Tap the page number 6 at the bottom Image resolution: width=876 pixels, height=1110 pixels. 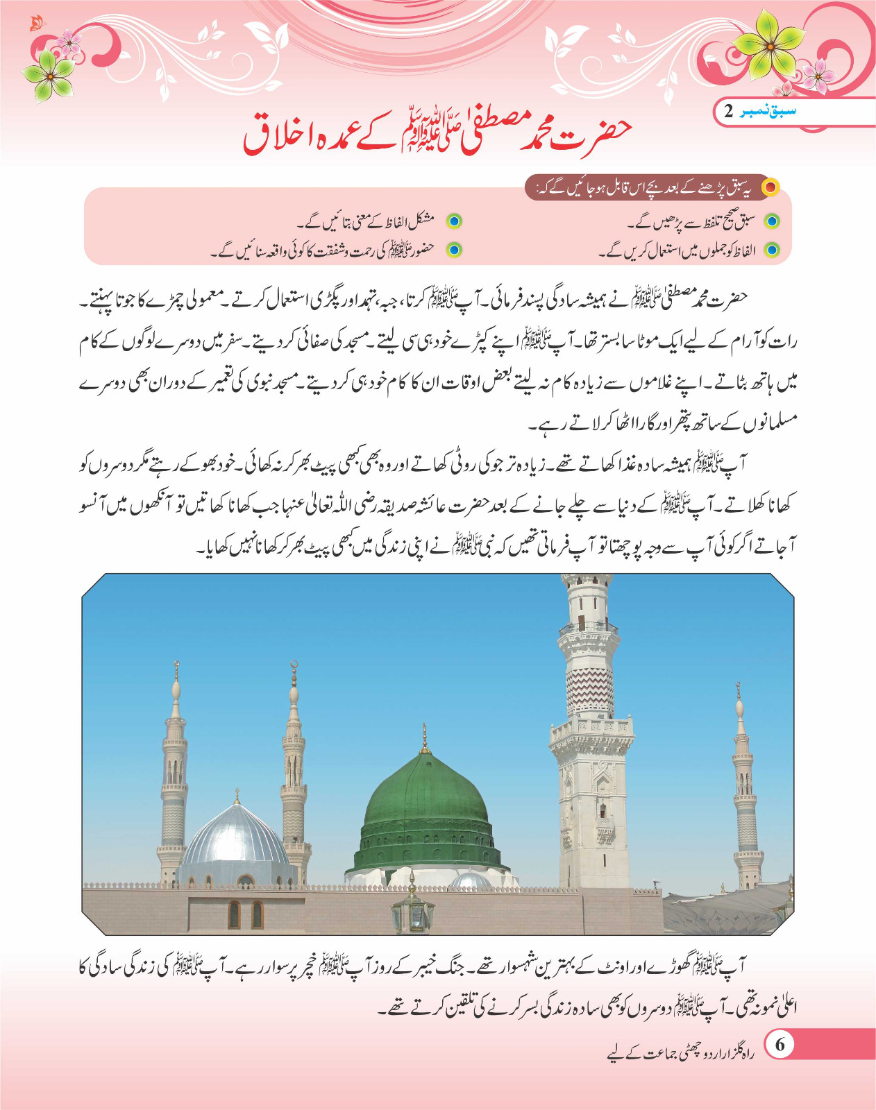(x=780, y=1045)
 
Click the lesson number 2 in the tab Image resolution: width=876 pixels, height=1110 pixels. (x=728, y=111)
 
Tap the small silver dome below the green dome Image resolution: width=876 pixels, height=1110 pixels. (x=471, y=881)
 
